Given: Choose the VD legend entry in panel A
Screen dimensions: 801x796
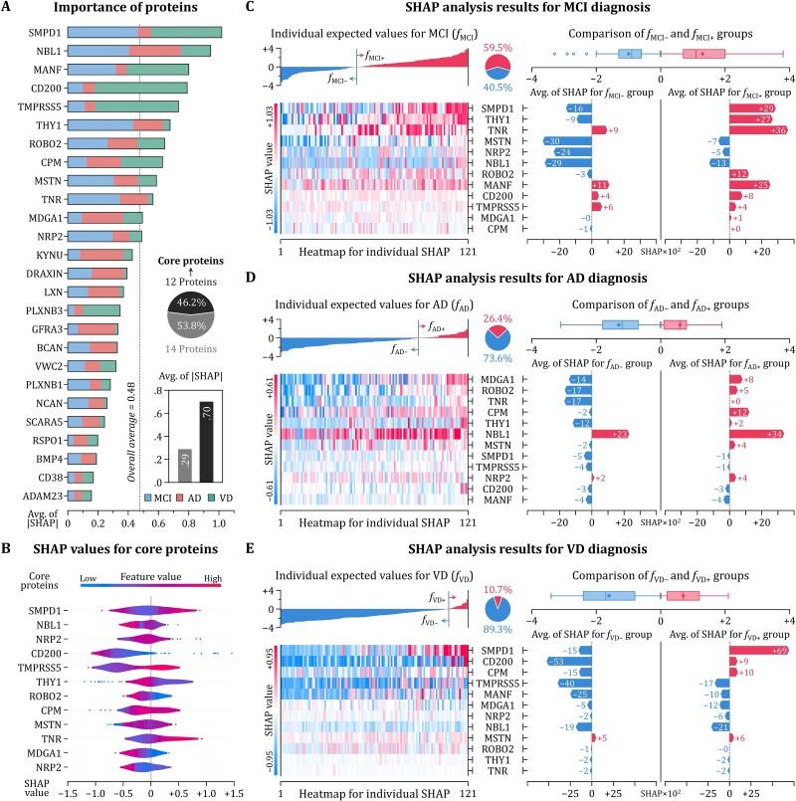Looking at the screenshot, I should coord(230,496).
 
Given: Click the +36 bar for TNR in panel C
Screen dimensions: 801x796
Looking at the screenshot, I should coord(751,129).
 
